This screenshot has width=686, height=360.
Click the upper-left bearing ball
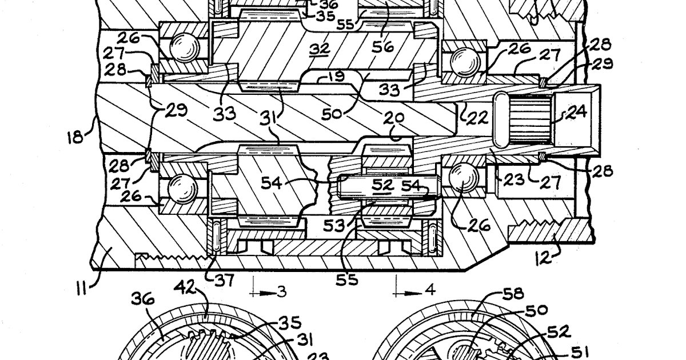point(181,45)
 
